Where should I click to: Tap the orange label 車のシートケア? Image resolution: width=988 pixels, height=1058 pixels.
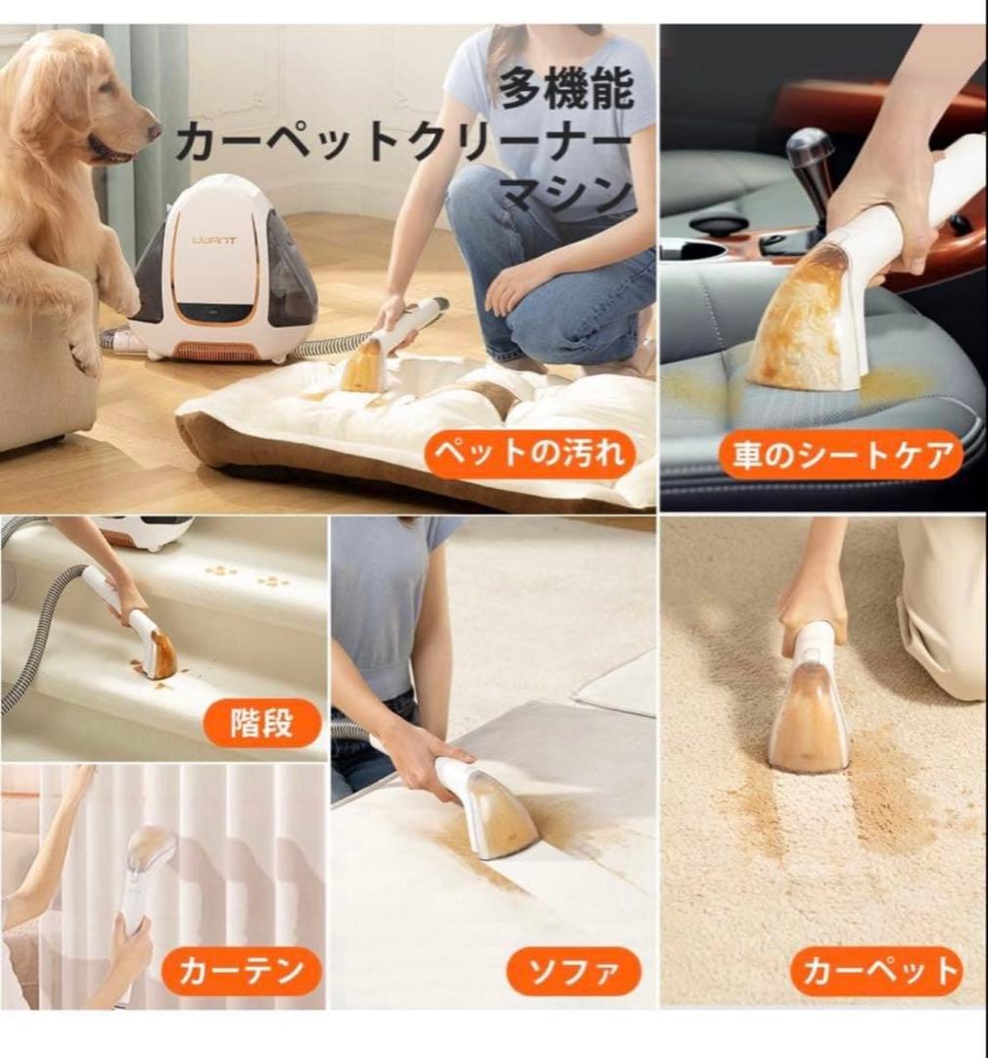tap(841, 455)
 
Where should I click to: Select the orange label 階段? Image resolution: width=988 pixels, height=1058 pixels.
tap(262, 724)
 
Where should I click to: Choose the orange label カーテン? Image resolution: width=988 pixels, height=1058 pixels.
tap(238, 973)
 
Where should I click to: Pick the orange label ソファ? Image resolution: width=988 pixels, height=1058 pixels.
tap(573, 972)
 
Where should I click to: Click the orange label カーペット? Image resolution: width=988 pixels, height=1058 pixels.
tap(876, 971)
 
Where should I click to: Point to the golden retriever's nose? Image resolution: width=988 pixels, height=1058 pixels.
tap(153, 126)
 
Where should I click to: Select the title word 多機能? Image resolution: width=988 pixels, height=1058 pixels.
tap(566, 90)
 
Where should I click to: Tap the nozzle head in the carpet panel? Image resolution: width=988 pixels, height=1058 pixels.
tap(809, 719)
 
